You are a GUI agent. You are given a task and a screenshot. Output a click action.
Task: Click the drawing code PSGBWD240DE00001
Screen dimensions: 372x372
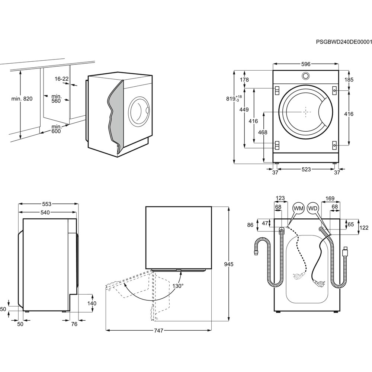pyautogui.click(x=344, y=42)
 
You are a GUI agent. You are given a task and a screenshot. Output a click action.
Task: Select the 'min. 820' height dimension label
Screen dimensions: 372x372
pyautogui.click(x=22, y=99)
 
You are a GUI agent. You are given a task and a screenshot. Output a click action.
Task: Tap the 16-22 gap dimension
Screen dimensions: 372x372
pyautogui.click(x=61, y=78)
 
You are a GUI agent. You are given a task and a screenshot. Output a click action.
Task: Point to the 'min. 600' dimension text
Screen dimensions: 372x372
pyautogui.click(x=55, y=128)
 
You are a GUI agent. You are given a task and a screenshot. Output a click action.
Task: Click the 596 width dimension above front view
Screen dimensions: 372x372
pyautogui.click(x=305, y=64)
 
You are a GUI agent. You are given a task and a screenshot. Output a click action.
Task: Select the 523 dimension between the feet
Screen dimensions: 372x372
pyautogui.click(x=306, y=170)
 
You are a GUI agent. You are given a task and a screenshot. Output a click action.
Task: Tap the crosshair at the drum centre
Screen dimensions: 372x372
pyautogui.click(x=305, y=112)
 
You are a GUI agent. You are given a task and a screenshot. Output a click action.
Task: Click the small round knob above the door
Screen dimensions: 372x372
pyautogui.click(x=305, y=76)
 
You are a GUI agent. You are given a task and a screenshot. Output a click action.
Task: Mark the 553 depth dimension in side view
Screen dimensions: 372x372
pyautogui.click(x=46, y=204)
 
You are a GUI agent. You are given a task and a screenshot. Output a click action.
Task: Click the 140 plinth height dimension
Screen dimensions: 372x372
pyautogui.click(x=92, y=303)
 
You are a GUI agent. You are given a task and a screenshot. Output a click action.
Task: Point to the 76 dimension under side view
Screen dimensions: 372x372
pyautogui.click(x=74, y=324)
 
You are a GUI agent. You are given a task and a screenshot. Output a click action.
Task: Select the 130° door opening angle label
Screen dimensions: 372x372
pyautogui.click(x=178, y=286)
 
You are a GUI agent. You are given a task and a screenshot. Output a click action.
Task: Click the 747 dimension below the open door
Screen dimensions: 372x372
pyautogui.click(x=159, y=330)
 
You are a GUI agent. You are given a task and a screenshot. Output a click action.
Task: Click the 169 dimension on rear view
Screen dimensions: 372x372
pyautogui.click(x=330, y=198)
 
